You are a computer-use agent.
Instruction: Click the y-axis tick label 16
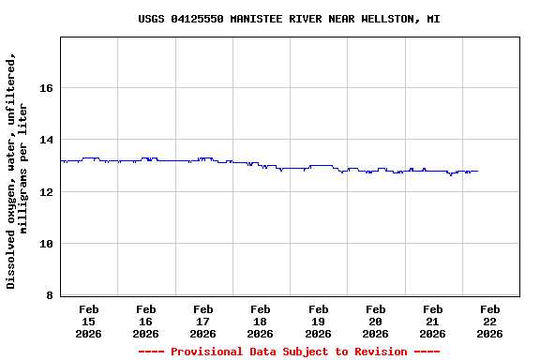pyautogui.click(x=45, y=88)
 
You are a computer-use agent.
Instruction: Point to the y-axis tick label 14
pyautogui.click(x=45, y=140)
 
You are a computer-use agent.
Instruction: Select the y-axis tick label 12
pyautogui.click(x=45, y=192)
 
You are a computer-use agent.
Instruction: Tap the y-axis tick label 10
pyautogui.click(x=45, y=244)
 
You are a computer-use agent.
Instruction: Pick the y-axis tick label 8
pyautogui.click(x=49, y=296)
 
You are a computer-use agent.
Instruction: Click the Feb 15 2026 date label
pyautogui.click(x=89, y=321)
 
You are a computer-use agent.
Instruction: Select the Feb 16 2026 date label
pyautogui.click(x=146, y=321)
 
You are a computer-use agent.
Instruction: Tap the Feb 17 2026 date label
pyautogui.click(x=203, y=321)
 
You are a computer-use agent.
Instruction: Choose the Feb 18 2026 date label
pyautogui.click(x=261, y=321)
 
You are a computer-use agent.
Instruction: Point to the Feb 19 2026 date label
pyautogui.click(x=318, y=321)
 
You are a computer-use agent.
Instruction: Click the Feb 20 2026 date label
pyautogui.click(x=375, y=321)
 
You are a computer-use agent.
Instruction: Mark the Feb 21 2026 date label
pyautogui.click(x=432, y=321)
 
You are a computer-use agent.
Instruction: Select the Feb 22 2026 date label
pyautogui.click(x=489, y=321)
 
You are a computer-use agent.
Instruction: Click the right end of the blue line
pyautogui.click(x=477, y=171)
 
